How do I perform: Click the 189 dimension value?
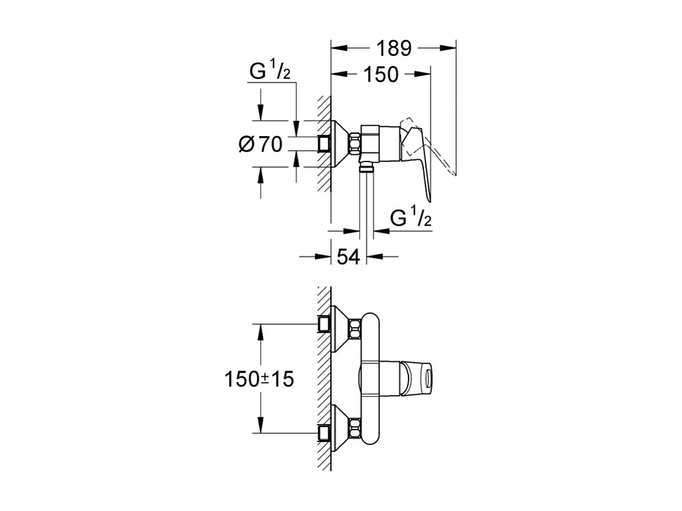[x=394, y=48]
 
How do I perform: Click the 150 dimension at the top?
[x=381, y=74]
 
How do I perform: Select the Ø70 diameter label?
[x=261, y=143]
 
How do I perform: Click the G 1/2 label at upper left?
[x=270, y=72]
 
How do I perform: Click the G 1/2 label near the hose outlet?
[x=411, y=219]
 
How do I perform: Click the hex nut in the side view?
[x=355, y=144]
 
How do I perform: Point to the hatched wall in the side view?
[x=323, y=177]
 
